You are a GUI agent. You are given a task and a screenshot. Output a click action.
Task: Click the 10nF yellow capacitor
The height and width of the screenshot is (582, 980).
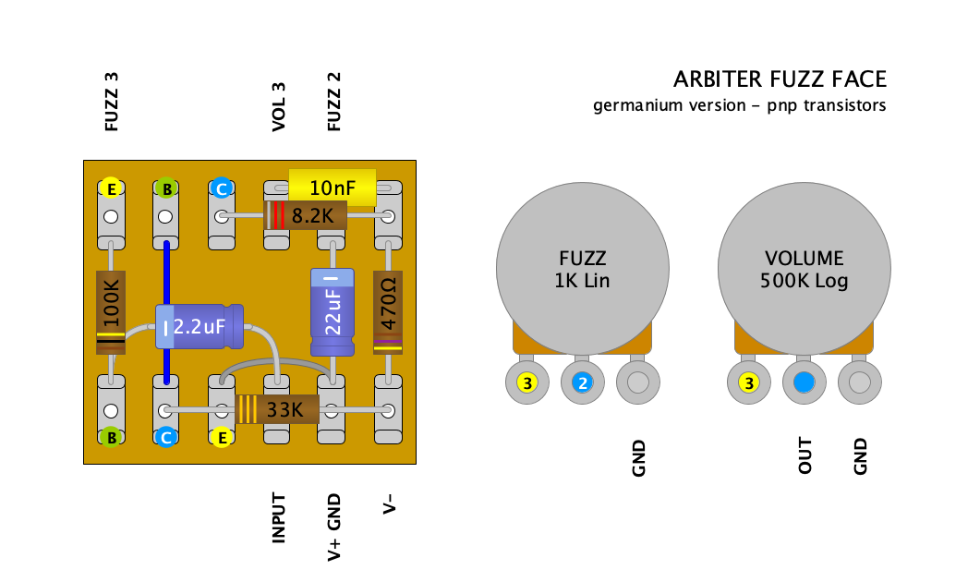pos(333,188)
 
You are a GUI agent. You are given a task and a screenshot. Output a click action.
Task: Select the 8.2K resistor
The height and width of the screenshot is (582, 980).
pos(305,216)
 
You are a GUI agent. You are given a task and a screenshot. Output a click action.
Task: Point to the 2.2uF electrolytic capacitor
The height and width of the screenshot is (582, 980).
pos(199,326)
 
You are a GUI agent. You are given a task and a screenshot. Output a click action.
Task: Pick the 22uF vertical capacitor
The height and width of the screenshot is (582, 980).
pos(332,311)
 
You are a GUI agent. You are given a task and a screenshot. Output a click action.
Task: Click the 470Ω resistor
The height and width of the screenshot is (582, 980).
pos(388,312)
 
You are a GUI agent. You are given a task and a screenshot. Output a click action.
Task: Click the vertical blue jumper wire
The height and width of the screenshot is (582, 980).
pos(167,277)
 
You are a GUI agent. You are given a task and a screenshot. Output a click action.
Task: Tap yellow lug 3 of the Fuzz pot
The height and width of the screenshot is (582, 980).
pos(526,382)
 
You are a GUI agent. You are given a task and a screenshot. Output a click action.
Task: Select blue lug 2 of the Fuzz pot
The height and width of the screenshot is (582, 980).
pos(582,382)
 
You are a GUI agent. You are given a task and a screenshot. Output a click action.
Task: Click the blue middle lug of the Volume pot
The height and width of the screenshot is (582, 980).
pos(804,382)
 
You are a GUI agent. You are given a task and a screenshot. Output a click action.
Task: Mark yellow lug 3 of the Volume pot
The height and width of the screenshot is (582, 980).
pos(748,382)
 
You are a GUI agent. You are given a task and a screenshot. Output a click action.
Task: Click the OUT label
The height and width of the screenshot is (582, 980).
pos(805,456)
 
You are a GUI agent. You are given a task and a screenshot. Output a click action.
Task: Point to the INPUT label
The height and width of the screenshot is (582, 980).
pos(278,517)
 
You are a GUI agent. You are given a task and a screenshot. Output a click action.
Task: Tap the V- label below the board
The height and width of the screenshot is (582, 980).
pos(389,505)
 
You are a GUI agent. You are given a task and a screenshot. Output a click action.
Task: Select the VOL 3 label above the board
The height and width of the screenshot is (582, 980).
pos(278,106)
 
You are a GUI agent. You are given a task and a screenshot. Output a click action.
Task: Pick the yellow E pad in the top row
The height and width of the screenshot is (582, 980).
pos(111,188)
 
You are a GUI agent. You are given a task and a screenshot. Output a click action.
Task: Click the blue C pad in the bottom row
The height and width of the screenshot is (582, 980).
pos(166,438)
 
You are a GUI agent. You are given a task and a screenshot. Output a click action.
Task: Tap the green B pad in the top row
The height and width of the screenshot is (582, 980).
pos(166,188)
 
